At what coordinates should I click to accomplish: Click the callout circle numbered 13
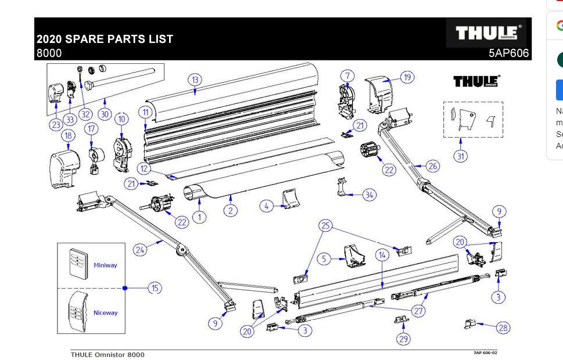pyautogui.click(x=195, y=80)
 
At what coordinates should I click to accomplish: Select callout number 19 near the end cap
pyautogui.click(x=407, y=77)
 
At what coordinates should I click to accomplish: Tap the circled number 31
pyautogui.click(x=460, y=156)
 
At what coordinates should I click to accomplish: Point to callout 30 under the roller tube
pyautogui.click(x=105, y=114)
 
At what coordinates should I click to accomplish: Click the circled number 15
pyautogui.click(x=155, y=287)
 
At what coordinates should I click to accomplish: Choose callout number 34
pyautogui.click(x=370, y=195)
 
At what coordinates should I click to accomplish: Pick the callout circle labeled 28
pyautogui.click(x=503, y=327)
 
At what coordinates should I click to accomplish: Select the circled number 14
pyautogui.click(x=382, y=255)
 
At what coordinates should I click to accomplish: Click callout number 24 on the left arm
pyautogui.click(x=140, y=250)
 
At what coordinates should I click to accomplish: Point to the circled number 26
pyautogui.click(x=432, y=166)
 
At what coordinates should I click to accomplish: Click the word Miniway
pyautogui.click(x=105, y=265)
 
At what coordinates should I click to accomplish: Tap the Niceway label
pyautogui.click(x=105, y=313)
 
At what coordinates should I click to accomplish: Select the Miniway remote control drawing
pyautogui.click(x=76, y=263)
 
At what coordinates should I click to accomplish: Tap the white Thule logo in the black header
pyautogui.click(x=487, y=33)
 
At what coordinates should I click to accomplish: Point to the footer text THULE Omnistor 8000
pyautogui.click(x=107, y=354)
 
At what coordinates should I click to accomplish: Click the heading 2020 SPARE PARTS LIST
pyautogui.click(x=105, y=39)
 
